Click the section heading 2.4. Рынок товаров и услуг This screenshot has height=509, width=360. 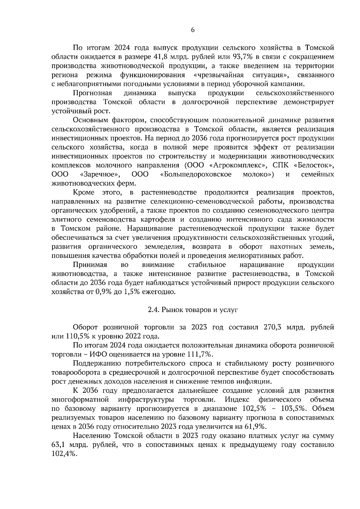tap(193, 310)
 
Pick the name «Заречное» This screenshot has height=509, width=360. tap(100, 174)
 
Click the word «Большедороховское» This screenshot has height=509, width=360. tap(196, 174)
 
